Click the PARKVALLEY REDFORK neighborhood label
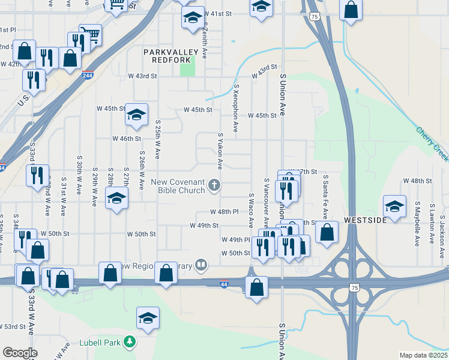tap(167, 56)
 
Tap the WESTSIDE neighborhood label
tap(366, 220)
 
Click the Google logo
tap(20, 353)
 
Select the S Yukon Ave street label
tap(220, 151)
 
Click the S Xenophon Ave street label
tap(237, 108)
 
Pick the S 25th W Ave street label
tap(157, 138)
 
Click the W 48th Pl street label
tap(224, 212)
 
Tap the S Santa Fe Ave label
tap(325, 197)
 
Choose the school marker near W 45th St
tap(136, 114)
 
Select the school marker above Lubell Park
tap(147, 318)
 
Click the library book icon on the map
tap(202, 265)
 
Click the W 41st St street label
tap(217, 13)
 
